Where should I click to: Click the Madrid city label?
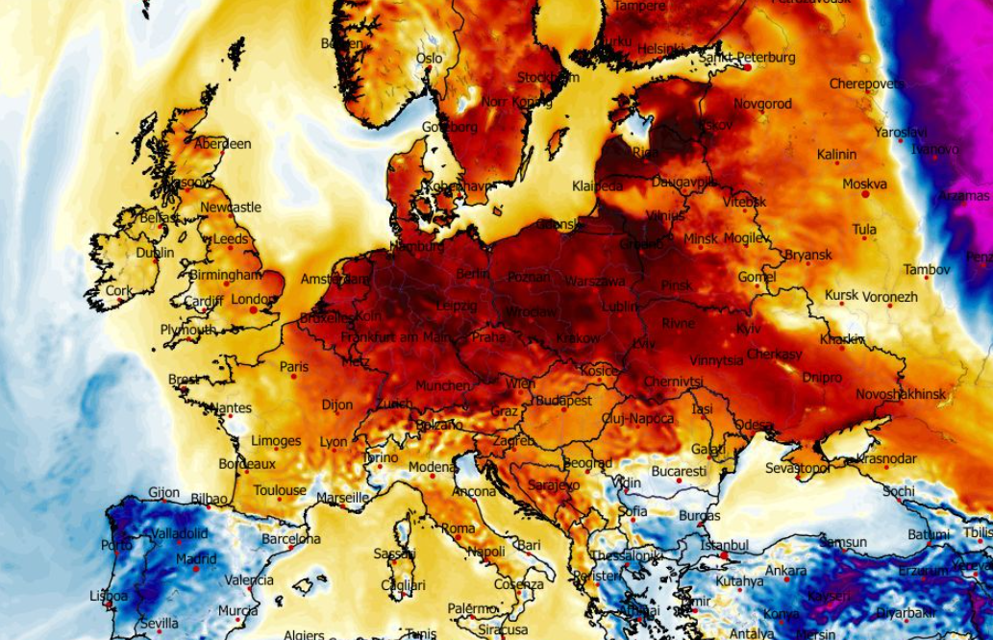[195, 559]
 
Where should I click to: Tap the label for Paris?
[294, 367]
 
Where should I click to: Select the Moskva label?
[864, 184]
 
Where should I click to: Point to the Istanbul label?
[724, 546]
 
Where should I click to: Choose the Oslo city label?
[429, 58]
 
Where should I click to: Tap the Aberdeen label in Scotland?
[222, 144]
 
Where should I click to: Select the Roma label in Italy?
[458, 529]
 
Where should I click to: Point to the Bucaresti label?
[678, 472]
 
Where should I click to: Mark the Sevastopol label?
[798, 468]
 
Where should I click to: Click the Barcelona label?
[290, 539]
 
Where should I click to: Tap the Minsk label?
[701, 238]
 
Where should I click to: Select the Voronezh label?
[889, 297]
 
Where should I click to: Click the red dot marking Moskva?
[865, 194]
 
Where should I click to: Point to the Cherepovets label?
[866, 85]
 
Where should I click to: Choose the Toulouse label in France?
[280, 490]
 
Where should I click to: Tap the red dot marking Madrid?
[196, 569]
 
